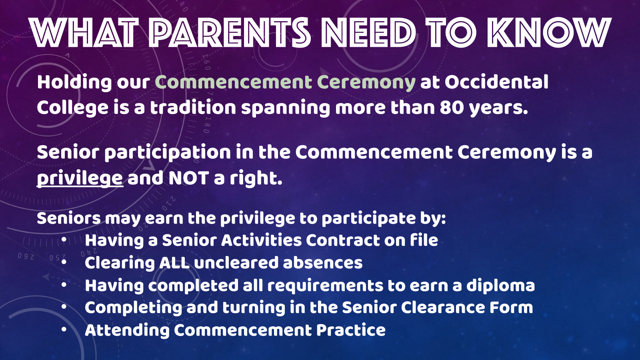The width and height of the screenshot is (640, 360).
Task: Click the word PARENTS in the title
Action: [230, 32]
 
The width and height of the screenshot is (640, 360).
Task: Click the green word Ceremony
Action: [366, 83]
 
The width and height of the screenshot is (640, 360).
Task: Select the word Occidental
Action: [496, 82]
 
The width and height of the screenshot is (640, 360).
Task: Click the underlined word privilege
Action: [80, 178]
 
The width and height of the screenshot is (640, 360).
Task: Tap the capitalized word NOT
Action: [188, 178]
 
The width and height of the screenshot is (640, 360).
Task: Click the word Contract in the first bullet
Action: [342, 240]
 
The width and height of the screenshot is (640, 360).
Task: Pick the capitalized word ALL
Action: [174, 262]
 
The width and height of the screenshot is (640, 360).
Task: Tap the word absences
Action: [323, 262]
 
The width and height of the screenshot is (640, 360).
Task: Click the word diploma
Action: [500, 286]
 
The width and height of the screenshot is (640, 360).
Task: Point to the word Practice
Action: [351, 330]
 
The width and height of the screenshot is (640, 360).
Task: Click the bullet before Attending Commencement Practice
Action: [64, 330]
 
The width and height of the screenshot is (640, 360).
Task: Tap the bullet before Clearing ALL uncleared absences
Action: [64, 262]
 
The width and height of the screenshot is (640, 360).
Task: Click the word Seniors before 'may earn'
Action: [69, 218]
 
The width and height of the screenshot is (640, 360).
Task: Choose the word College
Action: [72, 108]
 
